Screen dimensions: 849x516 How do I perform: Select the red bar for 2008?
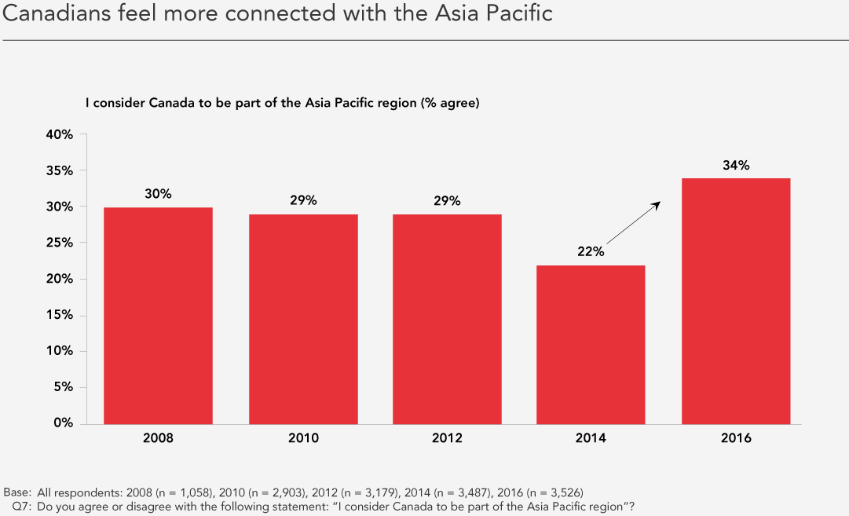[158, 316]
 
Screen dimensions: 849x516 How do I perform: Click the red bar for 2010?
[303, 320]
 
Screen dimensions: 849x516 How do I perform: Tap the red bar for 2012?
[447, 320]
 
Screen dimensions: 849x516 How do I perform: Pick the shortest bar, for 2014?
[591, 345]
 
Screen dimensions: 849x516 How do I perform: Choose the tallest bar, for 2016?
[736, 301]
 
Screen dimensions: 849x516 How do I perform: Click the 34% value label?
[736, 165]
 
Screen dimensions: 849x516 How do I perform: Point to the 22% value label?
[591, 251]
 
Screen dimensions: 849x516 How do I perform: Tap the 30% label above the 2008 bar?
[158, 194]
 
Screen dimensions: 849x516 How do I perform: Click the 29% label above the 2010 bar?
[303, 200]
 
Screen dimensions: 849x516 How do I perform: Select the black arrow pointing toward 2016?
[634, 222]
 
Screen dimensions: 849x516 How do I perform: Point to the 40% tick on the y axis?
[60, 134]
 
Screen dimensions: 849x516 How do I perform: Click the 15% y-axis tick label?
[60, 315]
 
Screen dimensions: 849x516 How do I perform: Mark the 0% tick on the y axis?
[64, 423]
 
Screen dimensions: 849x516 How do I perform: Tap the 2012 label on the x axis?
[447, 437]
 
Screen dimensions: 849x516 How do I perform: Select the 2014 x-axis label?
[591, 437]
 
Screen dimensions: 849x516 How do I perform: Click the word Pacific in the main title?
[519, 13]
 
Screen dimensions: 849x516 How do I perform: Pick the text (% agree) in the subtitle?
[450, 103]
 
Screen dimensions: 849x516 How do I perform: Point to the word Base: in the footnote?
[17, 492]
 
